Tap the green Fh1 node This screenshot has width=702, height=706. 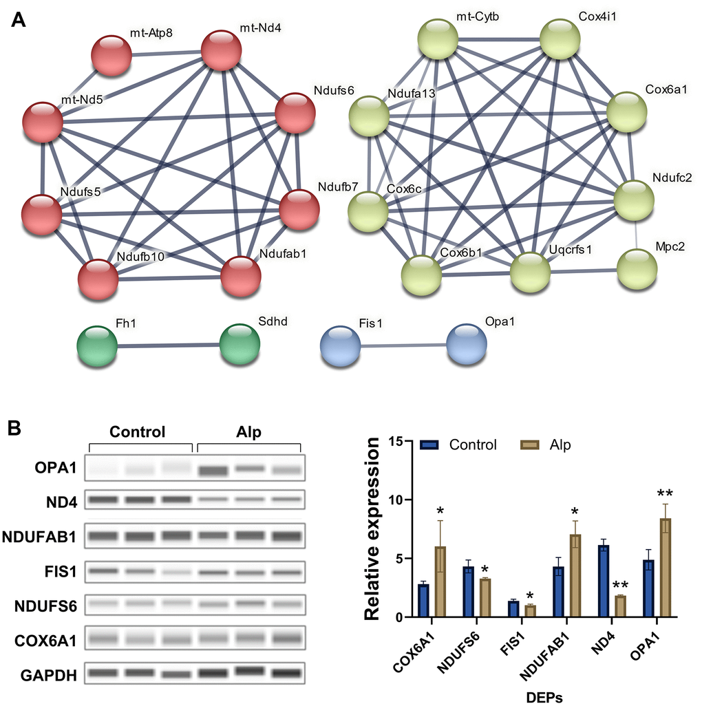point(97,345)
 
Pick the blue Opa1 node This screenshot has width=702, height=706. point(466,345)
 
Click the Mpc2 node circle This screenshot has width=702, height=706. point(637,268)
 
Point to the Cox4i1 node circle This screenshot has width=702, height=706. point(560,39)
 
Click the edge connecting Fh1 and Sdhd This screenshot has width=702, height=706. point(169,345)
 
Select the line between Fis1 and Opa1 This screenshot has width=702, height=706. point(403,345)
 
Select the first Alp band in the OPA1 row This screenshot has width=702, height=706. point(215,471)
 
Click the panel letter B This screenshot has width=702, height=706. point(17,429)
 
